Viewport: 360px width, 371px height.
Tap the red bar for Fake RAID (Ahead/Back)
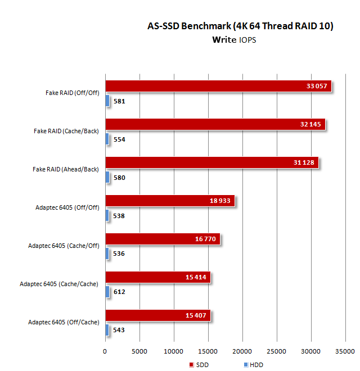pyautogui.click(x=211, y=162)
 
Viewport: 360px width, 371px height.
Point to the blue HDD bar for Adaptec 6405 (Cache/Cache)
pyautogui.click(x=107, y=292)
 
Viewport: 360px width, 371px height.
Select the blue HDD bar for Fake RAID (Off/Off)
pyautogui.click(x=107, y=101)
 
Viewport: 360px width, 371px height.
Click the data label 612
pyautogui.click(x=119, y=292)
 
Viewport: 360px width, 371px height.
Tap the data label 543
pyautogui.click(x=119, y=330)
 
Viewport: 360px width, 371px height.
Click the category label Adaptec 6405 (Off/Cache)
pyautogui.click(x=64, y=322)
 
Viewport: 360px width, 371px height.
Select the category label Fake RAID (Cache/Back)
pyautogui.click(x=66, y=131)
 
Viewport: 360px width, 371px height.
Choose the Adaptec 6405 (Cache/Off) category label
pyautogui.click(x=64, y=246)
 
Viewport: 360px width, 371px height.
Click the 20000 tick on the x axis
pyautogui.click(x=242, y=351)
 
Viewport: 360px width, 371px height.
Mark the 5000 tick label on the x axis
pyautogui.click(x=139, y=351)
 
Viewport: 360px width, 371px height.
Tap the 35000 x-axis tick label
pyautogui.click(x=345, y=351)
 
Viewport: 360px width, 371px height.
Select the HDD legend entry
pyautogui.click(x=253, y=365)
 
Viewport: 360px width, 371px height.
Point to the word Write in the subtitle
pyautogui.click(x=224, y=40)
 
